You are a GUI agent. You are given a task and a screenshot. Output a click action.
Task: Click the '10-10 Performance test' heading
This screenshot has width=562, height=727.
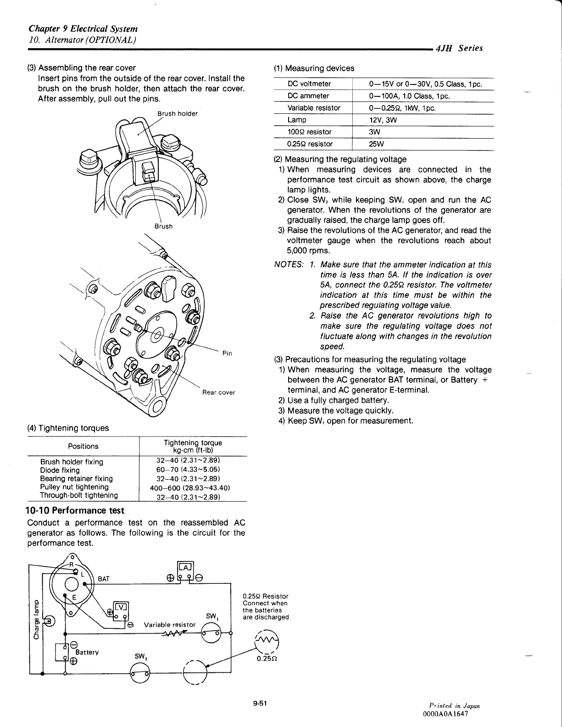[x=76, y=510]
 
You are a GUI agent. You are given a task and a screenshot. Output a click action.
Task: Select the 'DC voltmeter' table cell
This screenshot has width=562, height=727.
[x=309, y=84]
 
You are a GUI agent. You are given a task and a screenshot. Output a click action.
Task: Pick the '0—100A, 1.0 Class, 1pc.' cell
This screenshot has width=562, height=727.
[x=409, y=96]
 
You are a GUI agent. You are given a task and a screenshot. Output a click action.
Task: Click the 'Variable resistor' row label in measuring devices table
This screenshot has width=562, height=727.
[x=314, y=108]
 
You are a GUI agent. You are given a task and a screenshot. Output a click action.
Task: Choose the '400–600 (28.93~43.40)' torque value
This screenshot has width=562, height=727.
[x=189, y=487]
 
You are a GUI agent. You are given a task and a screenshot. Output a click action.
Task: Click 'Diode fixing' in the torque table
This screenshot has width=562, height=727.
[x=60, y=470]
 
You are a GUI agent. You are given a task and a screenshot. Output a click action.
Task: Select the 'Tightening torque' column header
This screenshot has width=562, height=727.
[x=193, y=446]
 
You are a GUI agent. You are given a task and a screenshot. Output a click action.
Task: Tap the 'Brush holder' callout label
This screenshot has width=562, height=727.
[x=178, y=114]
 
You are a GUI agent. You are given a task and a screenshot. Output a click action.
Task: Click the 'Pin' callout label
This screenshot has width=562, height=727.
[x=227, y=353]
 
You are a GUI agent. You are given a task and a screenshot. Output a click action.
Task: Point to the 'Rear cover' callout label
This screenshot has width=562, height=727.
[x=218, y=392]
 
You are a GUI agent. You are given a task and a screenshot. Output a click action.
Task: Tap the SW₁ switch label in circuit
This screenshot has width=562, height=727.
[x=211, y=616]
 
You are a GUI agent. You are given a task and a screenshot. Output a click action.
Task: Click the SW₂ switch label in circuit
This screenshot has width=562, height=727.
[x=140, y=657]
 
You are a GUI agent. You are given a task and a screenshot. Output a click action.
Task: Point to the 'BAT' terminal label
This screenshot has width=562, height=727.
[x=104, y=579]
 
